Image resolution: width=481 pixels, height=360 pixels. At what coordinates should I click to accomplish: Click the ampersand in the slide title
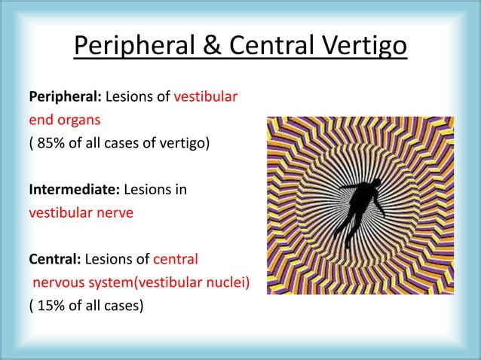point(213,47)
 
